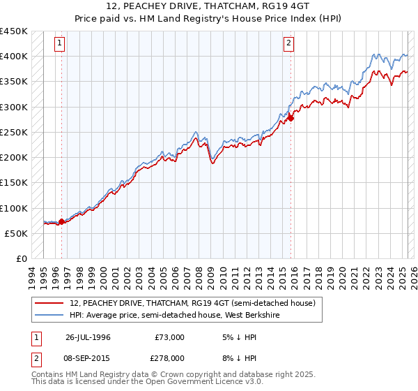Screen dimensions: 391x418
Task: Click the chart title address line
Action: point(208,8)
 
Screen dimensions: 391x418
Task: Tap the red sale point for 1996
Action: point(61,221)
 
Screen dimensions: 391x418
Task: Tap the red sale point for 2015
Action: point(291,118)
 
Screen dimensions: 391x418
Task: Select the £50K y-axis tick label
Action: point(16,233)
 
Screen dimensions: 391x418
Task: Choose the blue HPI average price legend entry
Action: point(189,315)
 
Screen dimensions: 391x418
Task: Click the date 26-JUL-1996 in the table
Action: point(88,337)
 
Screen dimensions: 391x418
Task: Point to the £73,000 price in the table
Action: point(170,337)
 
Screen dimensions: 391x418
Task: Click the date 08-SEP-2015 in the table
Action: point(88,358)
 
